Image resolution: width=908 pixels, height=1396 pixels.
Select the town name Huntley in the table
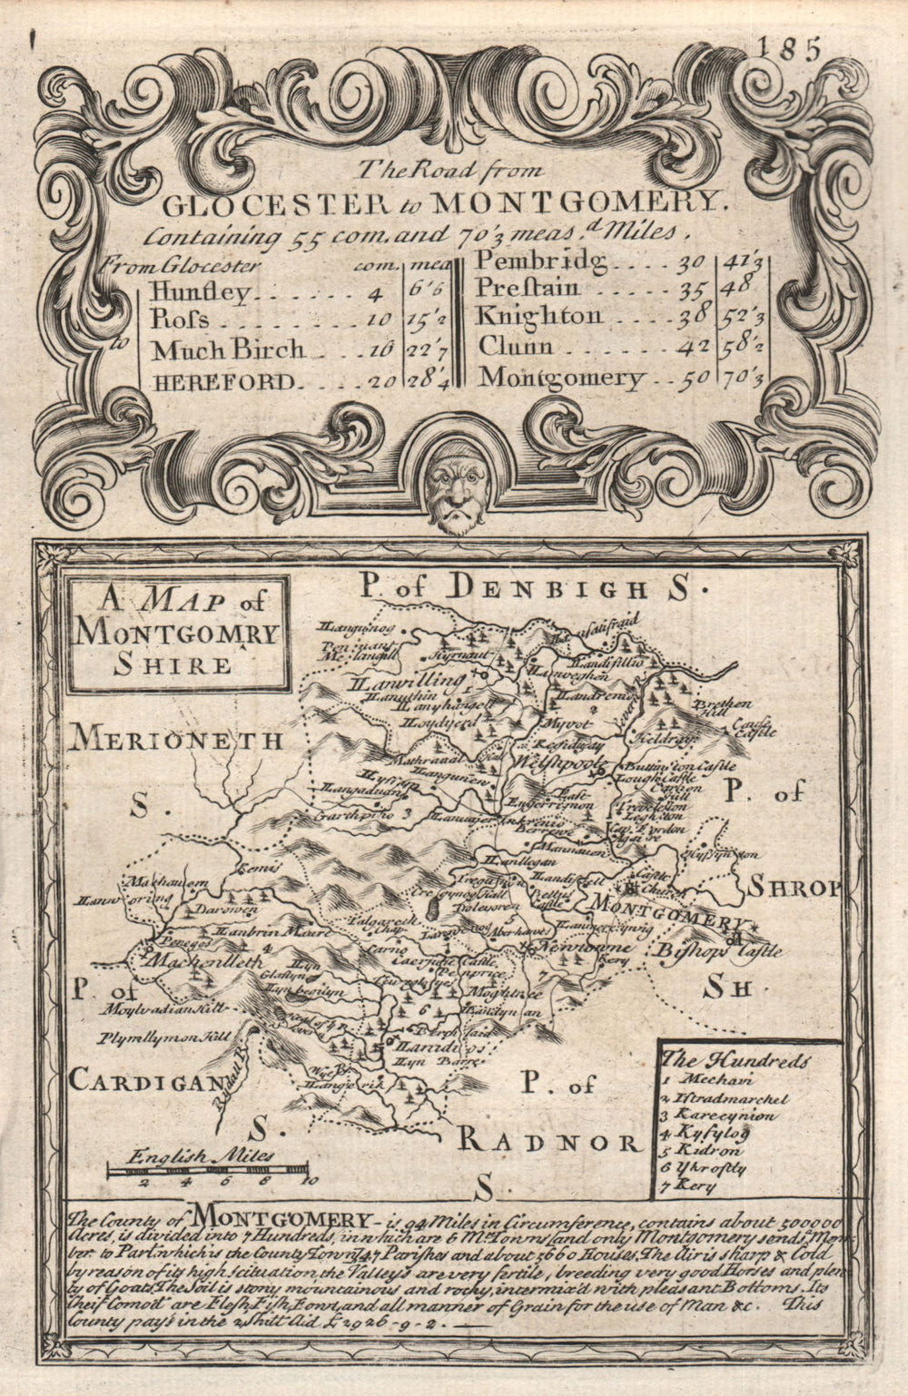201,292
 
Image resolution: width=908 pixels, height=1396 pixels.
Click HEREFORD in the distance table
223,382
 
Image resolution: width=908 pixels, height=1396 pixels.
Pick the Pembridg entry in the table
540,262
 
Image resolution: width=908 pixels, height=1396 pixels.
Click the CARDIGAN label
143,1080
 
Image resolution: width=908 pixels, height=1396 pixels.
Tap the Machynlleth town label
197,961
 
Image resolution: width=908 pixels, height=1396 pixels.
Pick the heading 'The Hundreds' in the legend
736,1059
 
